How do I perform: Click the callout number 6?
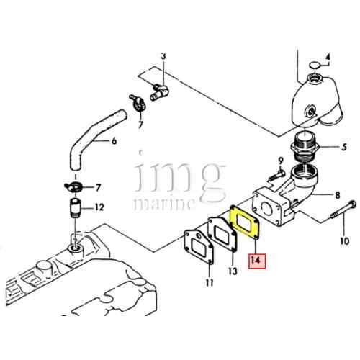click(113, 141)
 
